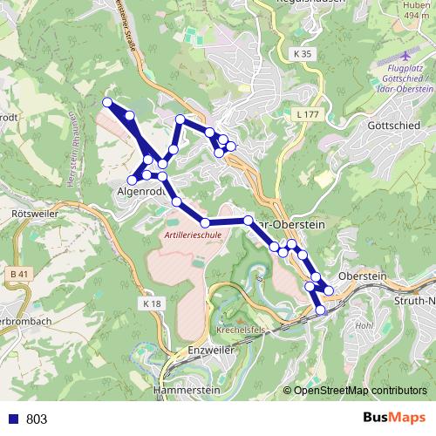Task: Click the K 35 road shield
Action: point(302,54)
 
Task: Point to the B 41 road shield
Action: point(19,275)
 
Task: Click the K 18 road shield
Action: point(151,303)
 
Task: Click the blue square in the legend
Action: point(13,419)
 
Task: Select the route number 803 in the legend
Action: point(37,419)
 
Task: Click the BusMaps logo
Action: point(392,418)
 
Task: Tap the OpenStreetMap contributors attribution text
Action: point(360,391)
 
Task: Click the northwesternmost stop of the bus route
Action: point(107,103)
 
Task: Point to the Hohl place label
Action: point(364,325)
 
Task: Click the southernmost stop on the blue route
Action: point(320,310)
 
